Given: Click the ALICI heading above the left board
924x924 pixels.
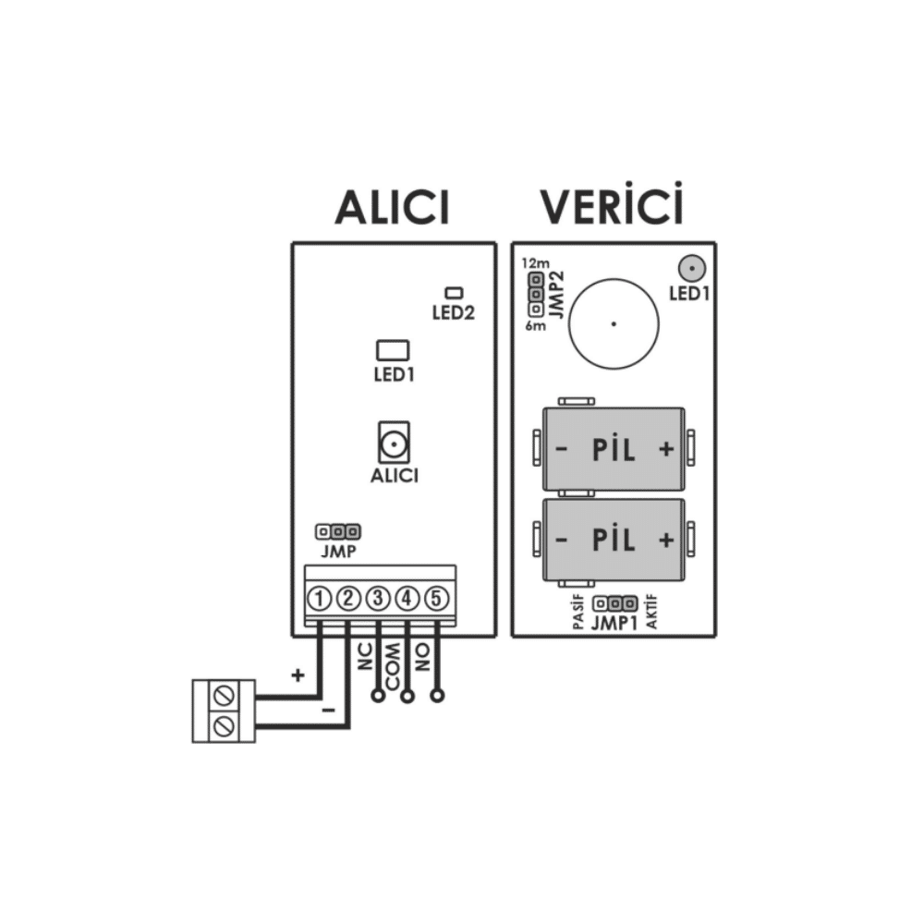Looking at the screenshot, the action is (x=392, y=207).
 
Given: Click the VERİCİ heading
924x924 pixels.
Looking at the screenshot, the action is (x=612, y=204).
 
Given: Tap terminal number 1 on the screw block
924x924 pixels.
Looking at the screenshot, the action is (x=320, y=599).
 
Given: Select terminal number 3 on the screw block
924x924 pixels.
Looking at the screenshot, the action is (x=378, y=599).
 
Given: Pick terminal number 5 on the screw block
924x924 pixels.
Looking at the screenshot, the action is (x=436, y=599).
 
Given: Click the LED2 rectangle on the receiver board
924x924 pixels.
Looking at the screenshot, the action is (x=454, y=292).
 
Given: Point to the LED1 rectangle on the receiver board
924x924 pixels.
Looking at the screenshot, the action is (x=393, y=350).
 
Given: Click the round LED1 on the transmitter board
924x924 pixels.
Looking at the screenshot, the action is (x=692, y=269).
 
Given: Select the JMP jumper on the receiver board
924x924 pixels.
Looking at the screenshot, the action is (x=337, y=532).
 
